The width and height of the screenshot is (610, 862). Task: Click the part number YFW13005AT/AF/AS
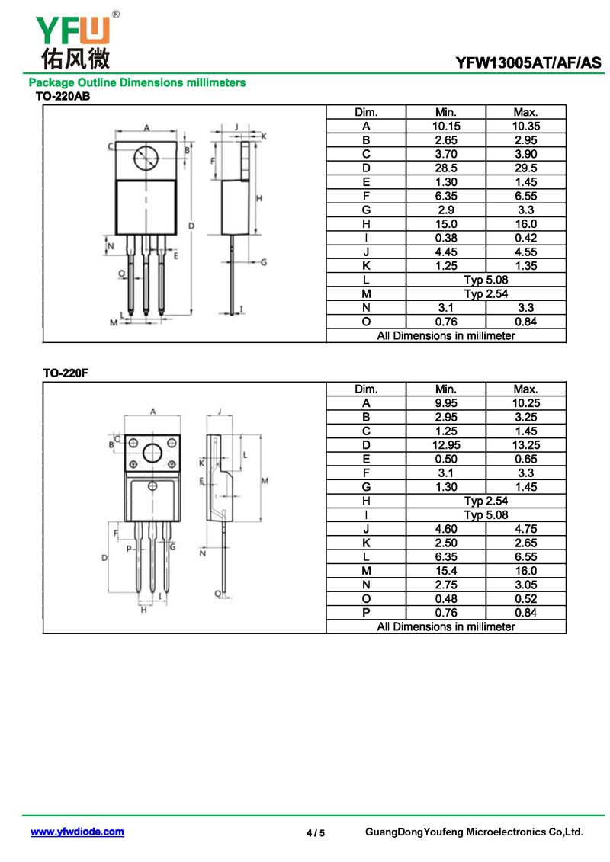528,62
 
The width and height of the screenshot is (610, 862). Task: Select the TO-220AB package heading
63,96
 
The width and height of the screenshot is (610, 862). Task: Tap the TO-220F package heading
66,373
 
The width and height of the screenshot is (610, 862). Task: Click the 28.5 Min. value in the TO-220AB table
446,168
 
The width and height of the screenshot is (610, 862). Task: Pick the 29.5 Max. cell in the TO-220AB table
526,168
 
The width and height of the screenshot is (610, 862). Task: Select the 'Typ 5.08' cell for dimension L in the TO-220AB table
486,280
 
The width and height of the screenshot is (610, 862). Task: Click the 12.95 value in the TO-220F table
446,445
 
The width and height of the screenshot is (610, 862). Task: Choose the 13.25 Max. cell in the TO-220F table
526,445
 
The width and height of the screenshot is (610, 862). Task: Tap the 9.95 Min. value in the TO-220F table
446,403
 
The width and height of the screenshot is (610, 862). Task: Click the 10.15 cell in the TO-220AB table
446,127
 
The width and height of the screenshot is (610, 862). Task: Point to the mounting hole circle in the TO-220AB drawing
146,159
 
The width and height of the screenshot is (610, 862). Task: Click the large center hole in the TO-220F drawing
152,453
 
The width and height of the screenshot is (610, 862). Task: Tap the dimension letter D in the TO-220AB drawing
191,226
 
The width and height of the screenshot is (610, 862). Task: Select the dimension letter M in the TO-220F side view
265,481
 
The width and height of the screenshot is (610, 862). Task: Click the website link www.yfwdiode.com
77,832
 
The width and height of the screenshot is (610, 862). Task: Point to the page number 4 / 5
316,833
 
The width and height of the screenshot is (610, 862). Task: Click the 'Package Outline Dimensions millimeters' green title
137,82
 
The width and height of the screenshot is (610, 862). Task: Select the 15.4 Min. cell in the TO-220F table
446,571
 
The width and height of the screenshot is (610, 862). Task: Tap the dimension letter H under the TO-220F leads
143,610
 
